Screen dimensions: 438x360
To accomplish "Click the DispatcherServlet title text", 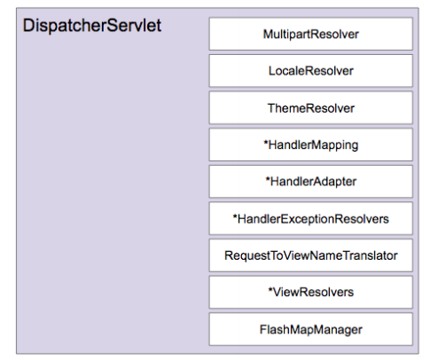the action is click(x=92, y=26).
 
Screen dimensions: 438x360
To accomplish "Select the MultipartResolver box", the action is click(x=311, y=34).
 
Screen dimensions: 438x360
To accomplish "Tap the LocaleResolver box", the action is click(x=311, y=71).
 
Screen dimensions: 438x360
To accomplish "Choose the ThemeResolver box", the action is click(x=311, y=108).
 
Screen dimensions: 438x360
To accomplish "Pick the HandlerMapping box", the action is click(x=311, y=145).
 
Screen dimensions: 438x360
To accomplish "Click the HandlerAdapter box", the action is click(x=311, y=182).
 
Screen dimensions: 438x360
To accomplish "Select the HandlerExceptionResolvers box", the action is click(x=311, y=218).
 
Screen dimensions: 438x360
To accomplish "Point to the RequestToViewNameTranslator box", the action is click(x=311, y=255).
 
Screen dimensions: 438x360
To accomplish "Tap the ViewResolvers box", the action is click(x=311, y=293).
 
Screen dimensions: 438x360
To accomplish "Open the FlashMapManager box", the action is click(x=311, y=329).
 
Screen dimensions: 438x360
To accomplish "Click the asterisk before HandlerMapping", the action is click(x=266, y=142).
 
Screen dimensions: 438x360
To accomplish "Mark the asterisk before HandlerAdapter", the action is click(x=268, y=179).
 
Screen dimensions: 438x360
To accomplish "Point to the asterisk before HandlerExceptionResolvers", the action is click(x=235, y=216).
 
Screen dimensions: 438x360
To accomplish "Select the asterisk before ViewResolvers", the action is click(x=270, y=289).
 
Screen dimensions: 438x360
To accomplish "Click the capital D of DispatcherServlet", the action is click(x=28, y=25).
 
